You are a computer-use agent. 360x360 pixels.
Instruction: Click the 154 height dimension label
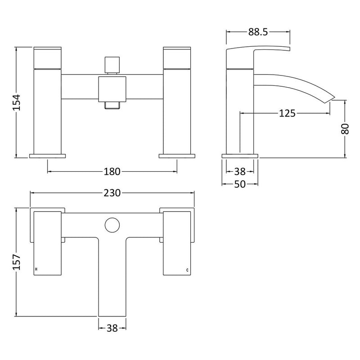[x=16, y=102]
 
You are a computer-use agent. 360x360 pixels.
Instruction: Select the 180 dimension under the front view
[x=112, y=171]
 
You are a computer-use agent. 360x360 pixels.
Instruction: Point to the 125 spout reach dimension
[x=287, y=113]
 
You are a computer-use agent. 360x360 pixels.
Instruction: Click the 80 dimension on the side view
[x=345, y=129]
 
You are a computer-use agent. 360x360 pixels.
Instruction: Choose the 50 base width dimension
[x=240, y=184]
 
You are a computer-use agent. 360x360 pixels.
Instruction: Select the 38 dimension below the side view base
[x=240, y=171]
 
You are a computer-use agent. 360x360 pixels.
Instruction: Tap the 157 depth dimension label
[x=16, y=262]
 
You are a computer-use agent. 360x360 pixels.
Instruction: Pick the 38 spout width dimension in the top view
[x=112, y=329]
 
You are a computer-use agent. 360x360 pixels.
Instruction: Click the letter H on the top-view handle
[x=36, y=270]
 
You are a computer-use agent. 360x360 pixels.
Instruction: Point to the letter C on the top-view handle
[x=188, y=270]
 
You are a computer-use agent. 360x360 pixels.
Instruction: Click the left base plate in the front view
[x=47, y=156]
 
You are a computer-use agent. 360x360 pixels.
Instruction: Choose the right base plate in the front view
[x=177, y=156]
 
